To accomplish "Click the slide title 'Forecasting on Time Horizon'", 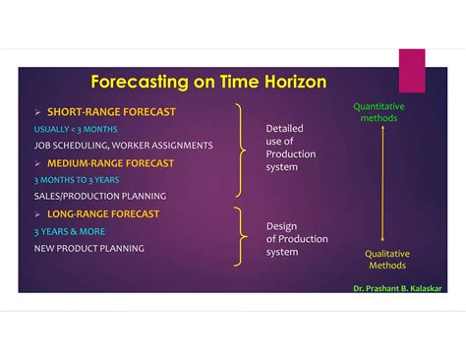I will coord(208,82).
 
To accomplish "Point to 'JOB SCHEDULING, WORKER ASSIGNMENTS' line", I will coord(123,146).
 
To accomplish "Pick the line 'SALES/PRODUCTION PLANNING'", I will coord(99,197).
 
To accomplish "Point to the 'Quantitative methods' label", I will coord(379,112).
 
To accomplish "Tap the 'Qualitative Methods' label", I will coord(386,260).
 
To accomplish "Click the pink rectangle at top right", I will coord(412,70).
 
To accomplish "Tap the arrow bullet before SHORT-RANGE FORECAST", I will coord(38,112).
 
